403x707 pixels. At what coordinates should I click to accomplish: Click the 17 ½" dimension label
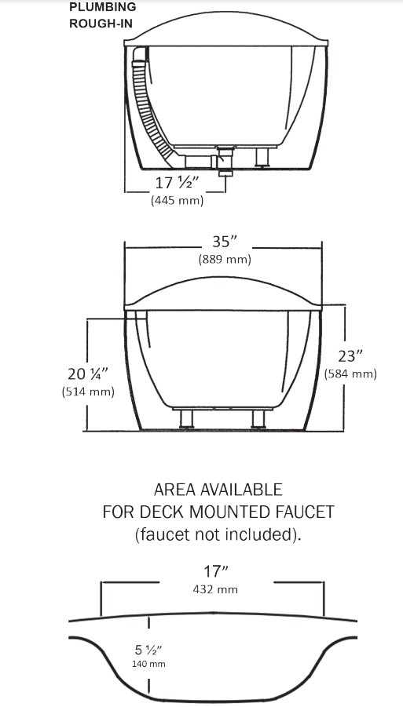[178, 184]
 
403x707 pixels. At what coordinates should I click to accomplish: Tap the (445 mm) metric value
[178, 201]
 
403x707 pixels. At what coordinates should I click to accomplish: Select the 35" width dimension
[224, 242]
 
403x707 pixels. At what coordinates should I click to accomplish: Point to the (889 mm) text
[224, 260]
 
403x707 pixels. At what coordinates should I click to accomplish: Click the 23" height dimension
[350, 356]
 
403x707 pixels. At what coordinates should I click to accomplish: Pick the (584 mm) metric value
[350, 374]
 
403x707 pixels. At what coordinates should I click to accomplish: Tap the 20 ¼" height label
[88, 373]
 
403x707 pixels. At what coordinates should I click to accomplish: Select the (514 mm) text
[88, 391]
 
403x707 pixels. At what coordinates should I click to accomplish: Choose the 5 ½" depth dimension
[147, 649]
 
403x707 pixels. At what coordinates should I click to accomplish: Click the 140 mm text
[147, 664]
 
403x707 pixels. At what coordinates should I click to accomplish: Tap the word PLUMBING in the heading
[102, 7]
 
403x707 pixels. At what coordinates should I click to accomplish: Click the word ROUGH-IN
[101, 23]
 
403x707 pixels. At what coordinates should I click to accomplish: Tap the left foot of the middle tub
[186, 417]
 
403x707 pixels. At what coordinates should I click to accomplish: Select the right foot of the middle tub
[257, 417]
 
